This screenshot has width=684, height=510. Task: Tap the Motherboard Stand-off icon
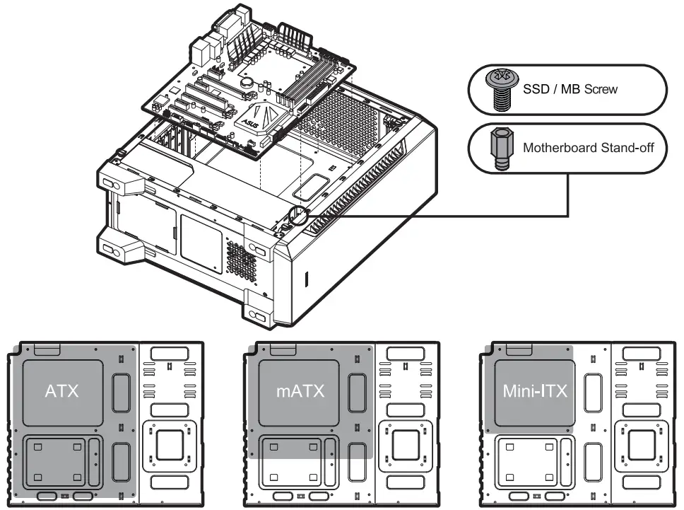pyautogui.click(x=501, y=149)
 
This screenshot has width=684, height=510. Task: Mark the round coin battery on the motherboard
pyautogui.click(x=247, y=82)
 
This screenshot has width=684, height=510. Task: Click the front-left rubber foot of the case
pyautogui.click(x=111, y=250)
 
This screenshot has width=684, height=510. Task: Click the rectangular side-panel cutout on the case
pyautogui.click(x=201, y=237)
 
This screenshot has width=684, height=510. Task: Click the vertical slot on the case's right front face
pyautogui.click(x=307, y=279)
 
